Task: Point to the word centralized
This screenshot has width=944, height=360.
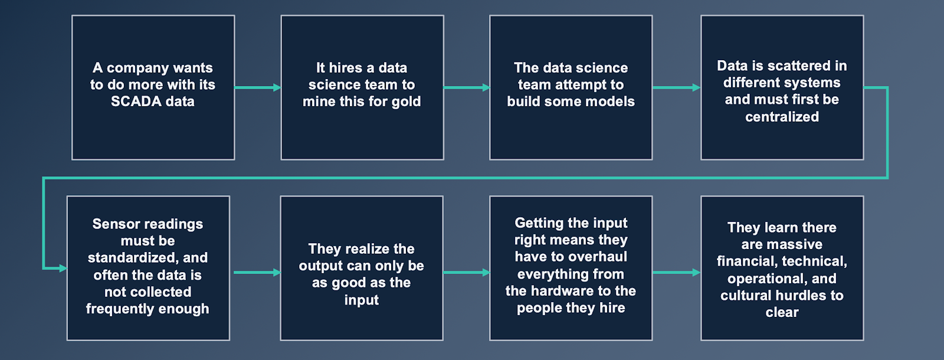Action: coord(782,117)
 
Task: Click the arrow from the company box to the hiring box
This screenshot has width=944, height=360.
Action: coord(257,87)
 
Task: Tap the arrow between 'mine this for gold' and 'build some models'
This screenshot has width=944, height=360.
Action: coord(466,87)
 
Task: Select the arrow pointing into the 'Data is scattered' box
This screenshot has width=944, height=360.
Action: coord(676,87)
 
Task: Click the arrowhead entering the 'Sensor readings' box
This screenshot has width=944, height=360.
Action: coord(62,268)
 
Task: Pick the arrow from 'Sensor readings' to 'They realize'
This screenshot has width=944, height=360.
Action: coord(257,273)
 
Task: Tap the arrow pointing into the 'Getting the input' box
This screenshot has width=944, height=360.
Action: coord(466,273)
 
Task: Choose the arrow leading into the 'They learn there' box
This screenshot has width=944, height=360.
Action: coord(676,273)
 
